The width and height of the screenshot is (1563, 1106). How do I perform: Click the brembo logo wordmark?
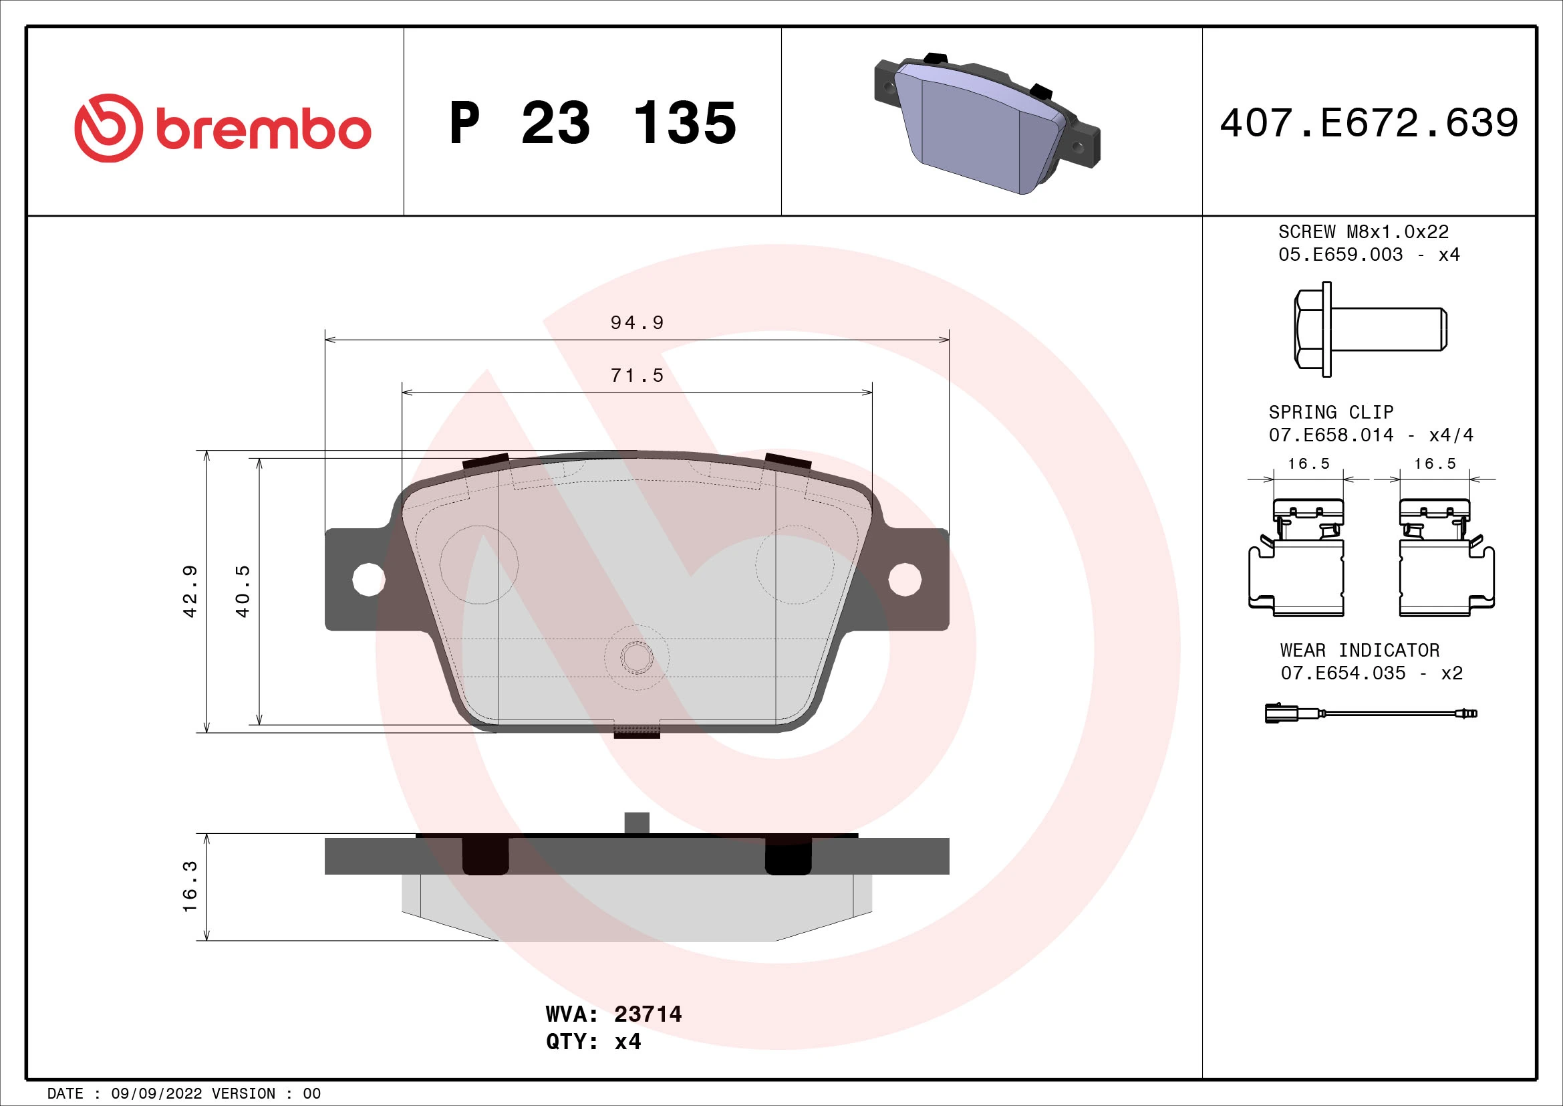pos(263,130)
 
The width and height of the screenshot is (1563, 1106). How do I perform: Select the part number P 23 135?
pos(592,123)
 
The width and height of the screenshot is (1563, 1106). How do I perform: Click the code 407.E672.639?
pos(1369,123)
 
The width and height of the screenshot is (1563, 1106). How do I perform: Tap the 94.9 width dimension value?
pos(637,322)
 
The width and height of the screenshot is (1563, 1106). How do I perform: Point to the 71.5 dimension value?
pos(637,375)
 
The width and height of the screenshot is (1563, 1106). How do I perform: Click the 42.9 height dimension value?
pos(190,591)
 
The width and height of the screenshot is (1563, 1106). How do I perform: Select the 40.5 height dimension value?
pos(243,591)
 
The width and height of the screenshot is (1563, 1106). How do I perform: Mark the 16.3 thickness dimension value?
pos(190,886)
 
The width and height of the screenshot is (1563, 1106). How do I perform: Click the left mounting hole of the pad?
pos(368,579)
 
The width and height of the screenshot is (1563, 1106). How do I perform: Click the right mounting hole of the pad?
pos(905,579)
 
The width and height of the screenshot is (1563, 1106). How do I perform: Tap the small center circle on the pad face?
pos(637,657)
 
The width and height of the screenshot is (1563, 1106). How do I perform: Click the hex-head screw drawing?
pos(1369,329)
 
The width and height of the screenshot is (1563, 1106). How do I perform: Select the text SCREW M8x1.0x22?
pos(1363,231)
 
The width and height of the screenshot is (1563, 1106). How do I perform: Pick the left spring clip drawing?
pos(1298,558)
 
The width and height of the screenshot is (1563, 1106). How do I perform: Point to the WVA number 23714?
pos(648,1014)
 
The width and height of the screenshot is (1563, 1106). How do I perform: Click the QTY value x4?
pos(627,1042)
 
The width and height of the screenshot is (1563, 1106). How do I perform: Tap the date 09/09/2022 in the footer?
pos(156,1094)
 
